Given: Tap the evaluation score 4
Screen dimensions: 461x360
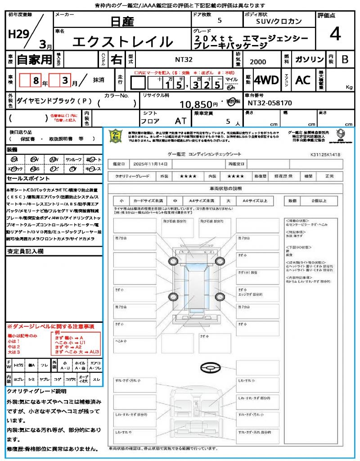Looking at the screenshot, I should coord(334,34).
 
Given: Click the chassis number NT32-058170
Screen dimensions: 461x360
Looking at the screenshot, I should coord(270,103).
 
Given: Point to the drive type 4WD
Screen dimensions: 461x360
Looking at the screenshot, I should coord(266,80).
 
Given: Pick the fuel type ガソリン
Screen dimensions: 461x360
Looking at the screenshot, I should coord(307,60).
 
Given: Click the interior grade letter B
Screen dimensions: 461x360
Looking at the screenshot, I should coord(345,59).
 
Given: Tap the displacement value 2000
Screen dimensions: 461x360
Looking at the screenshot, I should coord(257,62).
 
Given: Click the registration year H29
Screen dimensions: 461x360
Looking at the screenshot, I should coord(18,34).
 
